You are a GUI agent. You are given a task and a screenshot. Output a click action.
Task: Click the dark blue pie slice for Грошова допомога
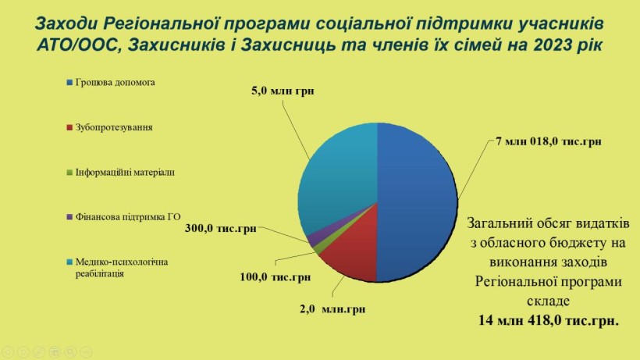pyautogui.click(x=416, y=202)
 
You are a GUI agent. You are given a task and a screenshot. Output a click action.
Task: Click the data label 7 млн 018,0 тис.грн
pyautogui.click(x=549, y=141)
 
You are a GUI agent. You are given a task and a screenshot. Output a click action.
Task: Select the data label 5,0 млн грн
pyautogui.click(x=283, y=91)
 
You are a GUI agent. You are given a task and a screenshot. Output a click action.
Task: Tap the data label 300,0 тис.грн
pyautogui.click(x=220, y=228)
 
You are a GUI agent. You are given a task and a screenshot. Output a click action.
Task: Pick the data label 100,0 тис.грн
pyautogui.click(x=275, y=277)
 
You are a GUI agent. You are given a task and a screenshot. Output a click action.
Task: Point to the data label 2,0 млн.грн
pyautogui.click(x=332, y=309)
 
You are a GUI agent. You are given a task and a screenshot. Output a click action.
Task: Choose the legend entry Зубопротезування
pyautogui.click(x=109, y=127)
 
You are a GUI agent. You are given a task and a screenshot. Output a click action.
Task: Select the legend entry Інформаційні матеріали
pyautogui.click(x=120, y=173)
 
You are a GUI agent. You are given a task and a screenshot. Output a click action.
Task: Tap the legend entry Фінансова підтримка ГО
pyautogui.click(x=123, y=217)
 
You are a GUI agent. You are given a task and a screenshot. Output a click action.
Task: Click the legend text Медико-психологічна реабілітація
pyautogui.click(x=122, y=268)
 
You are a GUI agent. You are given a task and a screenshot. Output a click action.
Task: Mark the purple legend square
pyautogui.click(x=69, y=217)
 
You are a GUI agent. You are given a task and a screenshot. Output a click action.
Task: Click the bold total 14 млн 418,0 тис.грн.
pyautogui.click(x=549, y=320)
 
